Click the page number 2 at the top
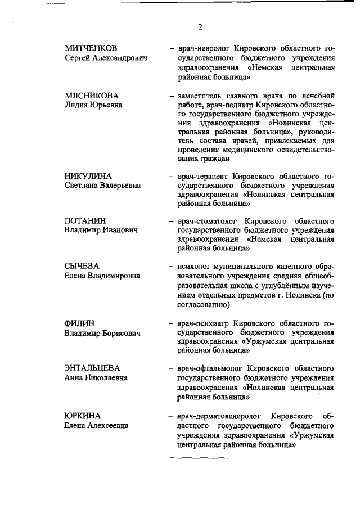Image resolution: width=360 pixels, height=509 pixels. pos(200,27)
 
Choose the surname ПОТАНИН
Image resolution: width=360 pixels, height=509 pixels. pos(86,220)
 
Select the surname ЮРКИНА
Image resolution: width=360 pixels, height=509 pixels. pos(83,416)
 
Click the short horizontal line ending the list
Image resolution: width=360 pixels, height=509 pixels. pos(199,457)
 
